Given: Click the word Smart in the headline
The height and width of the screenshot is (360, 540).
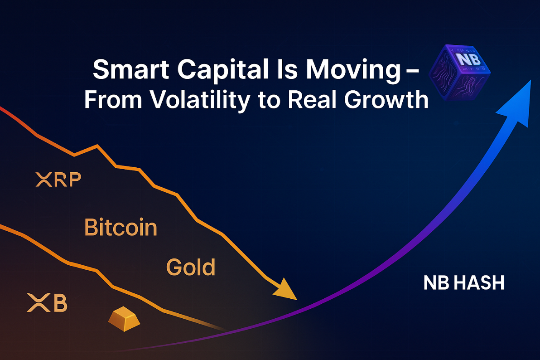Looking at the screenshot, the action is (x=131, y=69).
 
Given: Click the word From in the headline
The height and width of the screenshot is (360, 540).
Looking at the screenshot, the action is (x=113, y=100).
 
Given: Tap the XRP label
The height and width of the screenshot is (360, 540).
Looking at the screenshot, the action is (x=58, y=179).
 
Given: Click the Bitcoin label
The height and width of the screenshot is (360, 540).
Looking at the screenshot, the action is (x=121, y=227).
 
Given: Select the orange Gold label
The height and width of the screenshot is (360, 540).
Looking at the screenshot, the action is (x=191, y=267).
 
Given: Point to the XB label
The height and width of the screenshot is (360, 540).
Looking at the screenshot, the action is (x=47, y=302).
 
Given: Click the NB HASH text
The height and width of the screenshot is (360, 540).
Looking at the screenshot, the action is (x=464, y=283).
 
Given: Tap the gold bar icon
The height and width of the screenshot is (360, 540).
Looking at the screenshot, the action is (x=124, y=319).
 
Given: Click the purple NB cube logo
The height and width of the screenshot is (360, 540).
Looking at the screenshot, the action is (x=460, y=72).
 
